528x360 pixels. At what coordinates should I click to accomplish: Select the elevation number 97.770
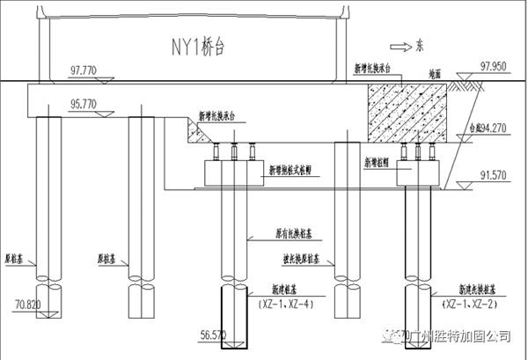(x=86, y=70)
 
